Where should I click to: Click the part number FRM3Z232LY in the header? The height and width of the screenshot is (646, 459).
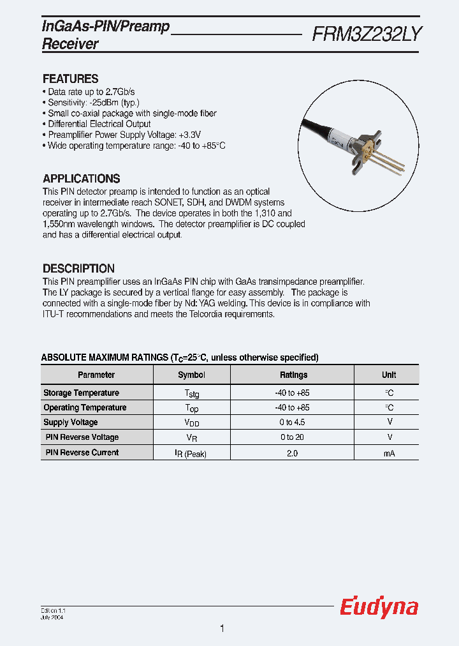(366, 34)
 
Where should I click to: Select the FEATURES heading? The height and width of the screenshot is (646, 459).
(70, 79)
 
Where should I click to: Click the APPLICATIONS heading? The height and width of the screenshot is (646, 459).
(81, 179)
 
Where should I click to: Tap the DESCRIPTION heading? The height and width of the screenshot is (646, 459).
(78, 269)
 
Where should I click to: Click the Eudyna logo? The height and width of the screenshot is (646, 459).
(379, 608)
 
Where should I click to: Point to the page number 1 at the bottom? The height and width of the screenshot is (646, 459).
(222, 629)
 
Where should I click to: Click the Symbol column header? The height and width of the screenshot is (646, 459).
(191, 375)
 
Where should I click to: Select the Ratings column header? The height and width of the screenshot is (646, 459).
(293, 375)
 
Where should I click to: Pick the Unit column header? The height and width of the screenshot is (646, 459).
(388, 375)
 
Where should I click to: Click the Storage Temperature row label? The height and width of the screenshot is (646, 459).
(81, 393)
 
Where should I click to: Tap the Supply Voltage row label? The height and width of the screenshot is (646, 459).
(70, 423)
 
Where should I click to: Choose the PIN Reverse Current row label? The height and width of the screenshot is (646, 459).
(82, 453)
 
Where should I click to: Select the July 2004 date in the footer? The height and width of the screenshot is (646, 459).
(52, 617)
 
